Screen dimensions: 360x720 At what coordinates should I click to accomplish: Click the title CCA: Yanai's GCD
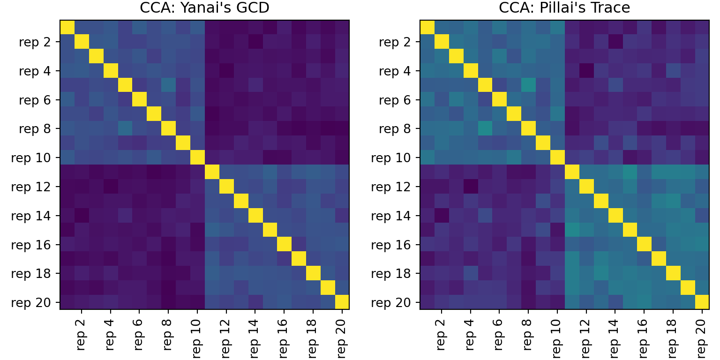click(x=204, y=8)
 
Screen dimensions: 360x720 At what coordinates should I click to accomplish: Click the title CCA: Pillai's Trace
click(x=564, y=8)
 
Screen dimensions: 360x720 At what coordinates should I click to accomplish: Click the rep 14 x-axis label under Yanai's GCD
click(x=255, y=335)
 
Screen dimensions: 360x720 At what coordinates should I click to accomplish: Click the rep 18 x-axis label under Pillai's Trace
click(x=673, y=335)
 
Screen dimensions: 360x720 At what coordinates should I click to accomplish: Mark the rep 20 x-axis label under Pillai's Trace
click(x=702, y=335)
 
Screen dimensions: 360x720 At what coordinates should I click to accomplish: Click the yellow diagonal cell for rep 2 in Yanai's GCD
click(x=82, y=42)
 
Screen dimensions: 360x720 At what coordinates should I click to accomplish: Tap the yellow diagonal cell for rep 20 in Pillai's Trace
click(x=702, y=302)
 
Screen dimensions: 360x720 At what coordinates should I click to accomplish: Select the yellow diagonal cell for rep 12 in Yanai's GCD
click(x=226, y=187)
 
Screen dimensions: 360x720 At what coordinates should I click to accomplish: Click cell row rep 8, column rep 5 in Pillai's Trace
click(x=485, y=129)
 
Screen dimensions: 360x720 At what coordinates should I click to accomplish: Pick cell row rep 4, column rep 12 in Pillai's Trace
click(x=586, y=71)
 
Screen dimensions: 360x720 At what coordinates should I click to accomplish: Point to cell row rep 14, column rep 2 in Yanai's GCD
click(x=82, y=215)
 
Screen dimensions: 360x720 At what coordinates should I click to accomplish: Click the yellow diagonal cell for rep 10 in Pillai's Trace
click(x=557, y=157)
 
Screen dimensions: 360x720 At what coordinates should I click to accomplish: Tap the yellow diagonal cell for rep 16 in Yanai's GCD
click(x=284, y=244)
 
